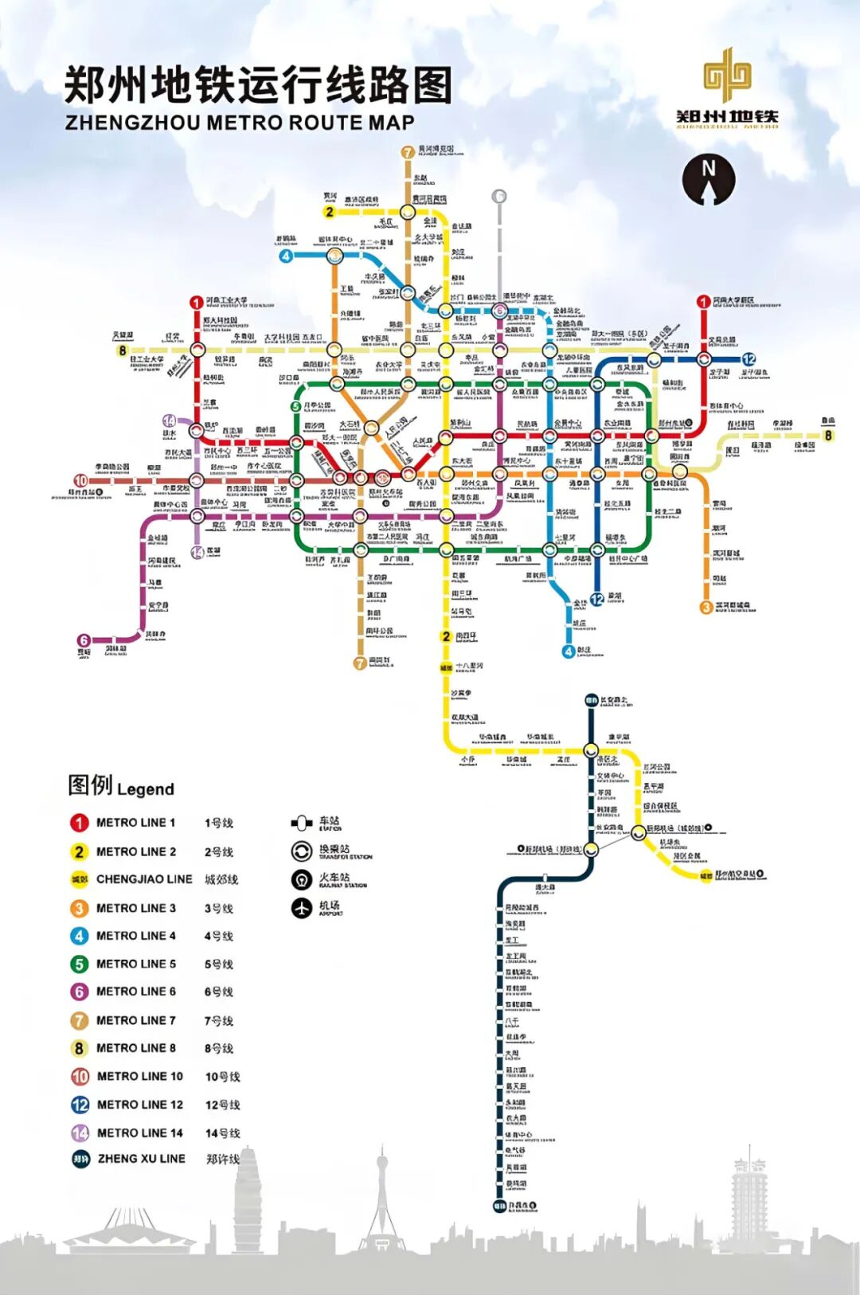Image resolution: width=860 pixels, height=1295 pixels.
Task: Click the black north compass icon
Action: [x=708, y=180]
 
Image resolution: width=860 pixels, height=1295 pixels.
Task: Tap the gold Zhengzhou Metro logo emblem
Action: [x=727, y=75]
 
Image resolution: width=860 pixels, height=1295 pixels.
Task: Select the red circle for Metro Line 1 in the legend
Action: [x=79, y=823]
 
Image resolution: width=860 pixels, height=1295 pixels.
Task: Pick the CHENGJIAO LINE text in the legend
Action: [x=144, y=879]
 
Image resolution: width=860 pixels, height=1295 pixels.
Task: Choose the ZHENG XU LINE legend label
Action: [x=141, y=1159]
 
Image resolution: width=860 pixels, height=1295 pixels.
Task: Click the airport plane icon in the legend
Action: [x=301, y=907]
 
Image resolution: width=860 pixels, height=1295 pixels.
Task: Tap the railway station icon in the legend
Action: [x=301, y=879]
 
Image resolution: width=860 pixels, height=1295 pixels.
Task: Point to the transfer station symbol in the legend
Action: [x=301, y=851]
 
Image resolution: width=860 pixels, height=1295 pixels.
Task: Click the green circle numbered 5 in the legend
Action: [x=79, y=964]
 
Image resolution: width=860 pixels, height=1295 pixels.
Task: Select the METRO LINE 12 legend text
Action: [x=139, y=1105]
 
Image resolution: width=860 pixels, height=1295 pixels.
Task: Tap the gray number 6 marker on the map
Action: [x=499, y=196]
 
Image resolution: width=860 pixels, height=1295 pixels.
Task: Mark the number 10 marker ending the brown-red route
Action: [x=80, y=480]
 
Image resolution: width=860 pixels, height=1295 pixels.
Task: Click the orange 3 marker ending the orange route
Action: [x=706, y=608]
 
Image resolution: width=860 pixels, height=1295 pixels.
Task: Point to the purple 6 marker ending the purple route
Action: [x=84, y=640]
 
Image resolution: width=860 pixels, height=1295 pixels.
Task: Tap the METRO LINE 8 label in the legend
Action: [x=135, y=1048]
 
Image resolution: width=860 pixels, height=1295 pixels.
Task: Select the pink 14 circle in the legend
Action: [x=80, y=1133]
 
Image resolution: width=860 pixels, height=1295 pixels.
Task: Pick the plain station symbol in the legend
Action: [x=301, y=823]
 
